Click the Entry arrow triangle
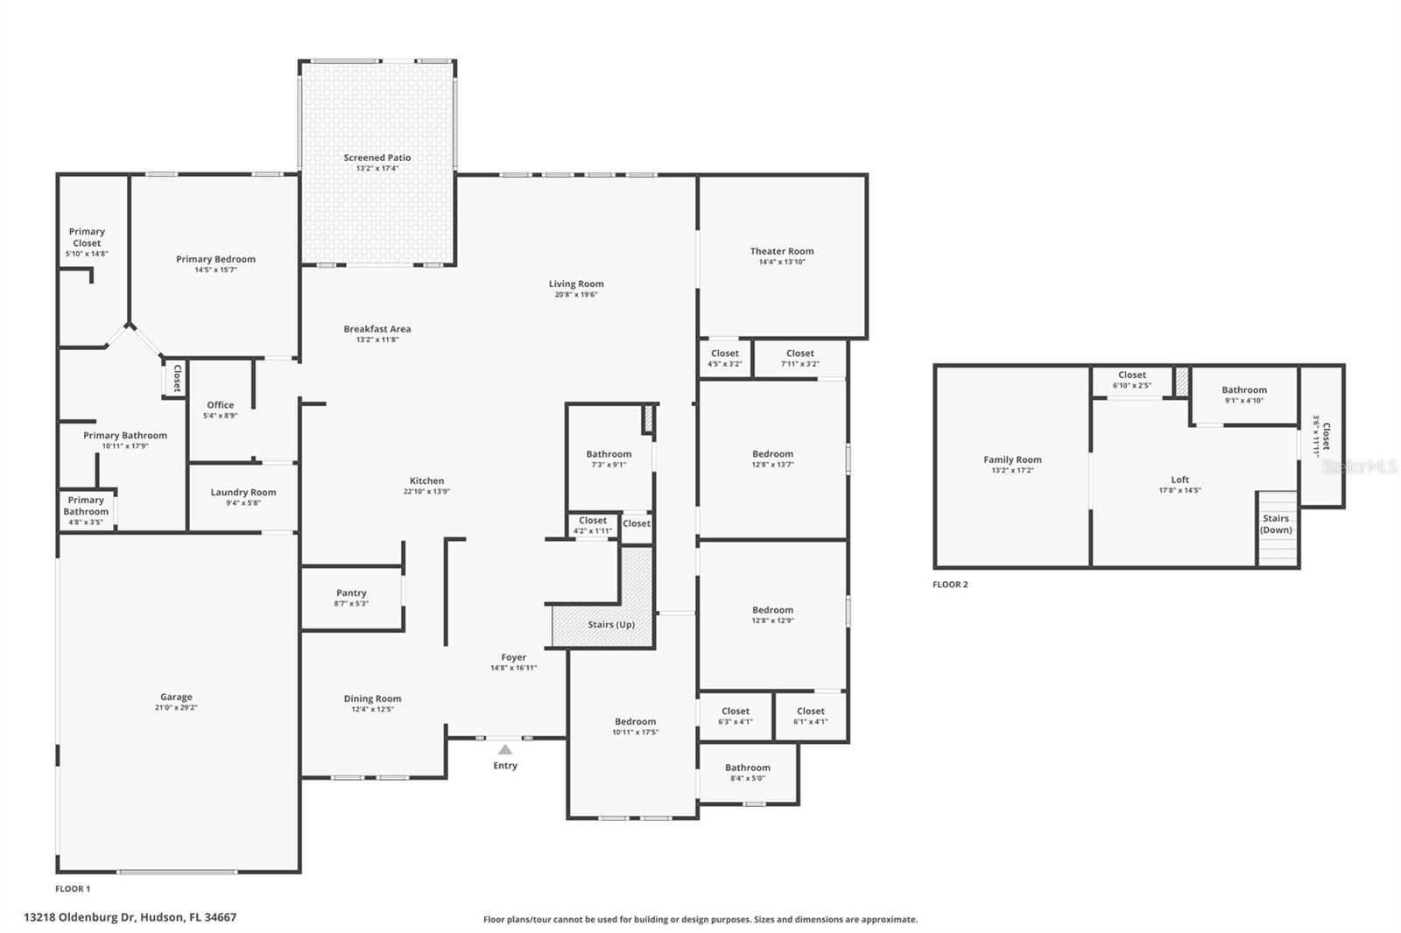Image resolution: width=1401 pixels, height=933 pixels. (505, 749)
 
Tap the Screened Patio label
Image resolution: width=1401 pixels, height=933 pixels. (377, 158)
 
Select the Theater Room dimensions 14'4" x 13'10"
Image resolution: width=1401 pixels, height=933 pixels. (782, 262)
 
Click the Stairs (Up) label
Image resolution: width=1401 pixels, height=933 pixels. (611, 624)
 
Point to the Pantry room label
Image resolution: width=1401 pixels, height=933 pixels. (351, 593)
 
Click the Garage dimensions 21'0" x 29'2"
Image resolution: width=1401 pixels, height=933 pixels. (176, 707)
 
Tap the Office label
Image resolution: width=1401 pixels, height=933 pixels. (221, 404)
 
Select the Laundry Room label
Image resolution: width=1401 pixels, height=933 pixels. (243, 492)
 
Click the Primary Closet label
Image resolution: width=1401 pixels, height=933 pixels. (87, 237)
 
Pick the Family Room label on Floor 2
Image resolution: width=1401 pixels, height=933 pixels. (1012, 459)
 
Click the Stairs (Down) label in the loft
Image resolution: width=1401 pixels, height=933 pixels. (1276, 524)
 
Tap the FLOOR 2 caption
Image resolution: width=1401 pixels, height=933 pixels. (950, 585)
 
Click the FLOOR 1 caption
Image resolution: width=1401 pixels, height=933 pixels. (73, 888)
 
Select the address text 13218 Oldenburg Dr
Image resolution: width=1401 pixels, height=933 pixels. (80, 917)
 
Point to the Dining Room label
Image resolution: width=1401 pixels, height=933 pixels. (372, 698)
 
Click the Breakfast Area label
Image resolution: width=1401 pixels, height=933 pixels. (377, 329)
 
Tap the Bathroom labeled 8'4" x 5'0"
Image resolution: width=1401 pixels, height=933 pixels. (748, 767)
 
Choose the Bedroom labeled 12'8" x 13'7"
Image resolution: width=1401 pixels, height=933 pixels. (772, 453)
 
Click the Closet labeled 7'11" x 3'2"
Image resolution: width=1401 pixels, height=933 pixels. (800, 354)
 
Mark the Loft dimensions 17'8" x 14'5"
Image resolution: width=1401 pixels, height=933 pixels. (1179, 490)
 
